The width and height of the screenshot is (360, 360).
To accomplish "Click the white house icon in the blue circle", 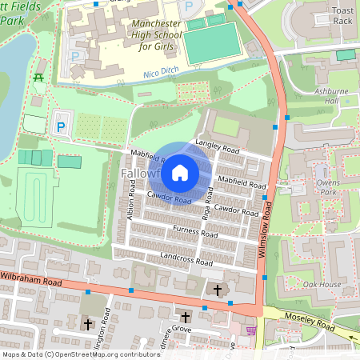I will pos(180,172).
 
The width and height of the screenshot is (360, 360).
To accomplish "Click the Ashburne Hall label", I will pos(332,96).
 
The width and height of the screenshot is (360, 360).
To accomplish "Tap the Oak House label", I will pos(322,285).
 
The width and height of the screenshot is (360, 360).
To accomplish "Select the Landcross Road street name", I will pos(186,259).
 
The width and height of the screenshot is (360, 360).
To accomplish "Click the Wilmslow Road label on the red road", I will pos(269,228).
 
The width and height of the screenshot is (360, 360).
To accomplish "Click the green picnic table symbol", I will pos(38,78).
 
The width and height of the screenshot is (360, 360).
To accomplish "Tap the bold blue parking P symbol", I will pos(61,126).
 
